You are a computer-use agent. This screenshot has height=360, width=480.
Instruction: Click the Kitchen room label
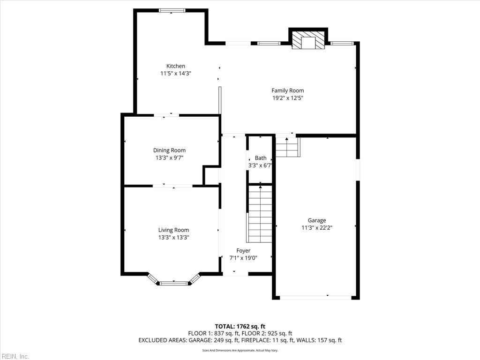click(x=176, y=66)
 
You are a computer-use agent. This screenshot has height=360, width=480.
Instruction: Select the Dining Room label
click(x=169, y=150)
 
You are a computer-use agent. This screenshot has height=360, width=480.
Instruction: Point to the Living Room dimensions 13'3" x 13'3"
click(x=173, y=237)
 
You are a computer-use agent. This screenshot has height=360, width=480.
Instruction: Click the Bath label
click(x=261, y=158)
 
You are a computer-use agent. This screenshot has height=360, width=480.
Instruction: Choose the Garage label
click(x=317, y=220)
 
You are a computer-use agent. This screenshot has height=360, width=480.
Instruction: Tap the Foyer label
click(x=243, y=251)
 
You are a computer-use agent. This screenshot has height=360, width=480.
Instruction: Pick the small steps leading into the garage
click(x=287, y=147)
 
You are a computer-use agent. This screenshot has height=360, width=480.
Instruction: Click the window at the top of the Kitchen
click(x=172, y=10)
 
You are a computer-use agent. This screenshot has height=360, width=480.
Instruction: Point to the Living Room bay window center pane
click(x=174, y=283)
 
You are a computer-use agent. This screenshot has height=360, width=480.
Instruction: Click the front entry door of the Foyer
click(x=235, y=273)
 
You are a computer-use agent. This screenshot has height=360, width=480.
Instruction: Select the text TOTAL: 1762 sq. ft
click(x=240, y=326)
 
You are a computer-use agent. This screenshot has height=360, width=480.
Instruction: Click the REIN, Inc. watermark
click(x=15, y=356)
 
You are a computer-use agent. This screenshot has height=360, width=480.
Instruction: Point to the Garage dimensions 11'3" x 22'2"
click(x=317, y=228)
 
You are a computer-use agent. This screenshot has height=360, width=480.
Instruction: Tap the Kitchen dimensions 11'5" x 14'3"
click(x=176, y=74)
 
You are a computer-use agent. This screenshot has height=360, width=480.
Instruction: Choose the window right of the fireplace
click(x=342, y=44)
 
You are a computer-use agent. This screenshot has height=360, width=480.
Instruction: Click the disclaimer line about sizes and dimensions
click(x=240, y=350)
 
